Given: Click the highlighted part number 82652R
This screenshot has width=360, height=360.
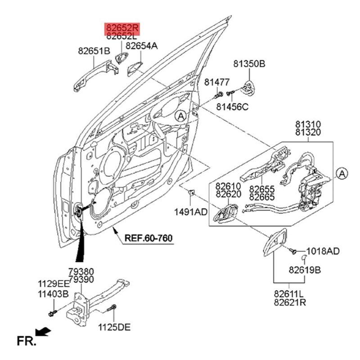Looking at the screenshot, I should pos(122,28).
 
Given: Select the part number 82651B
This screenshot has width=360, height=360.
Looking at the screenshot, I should pos(94,51).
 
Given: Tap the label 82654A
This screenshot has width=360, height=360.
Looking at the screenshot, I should pos(142,45).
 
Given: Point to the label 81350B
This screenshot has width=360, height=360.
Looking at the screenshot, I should pos(249,64).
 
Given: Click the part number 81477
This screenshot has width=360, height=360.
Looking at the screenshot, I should pos(217,82).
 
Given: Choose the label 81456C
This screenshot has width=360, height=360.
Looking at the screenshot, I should pos(232,107).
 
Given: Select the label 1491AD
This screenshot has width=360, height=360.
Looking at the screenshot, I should pos(191,211).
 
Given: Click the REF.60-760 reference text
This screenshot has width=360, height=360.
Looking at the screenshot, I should pos(148,238).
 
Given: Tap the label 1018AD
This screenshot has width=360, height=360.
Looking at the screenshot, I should pos(323,251).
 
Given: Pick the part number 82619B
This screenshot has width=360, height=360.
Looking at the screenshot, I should pos(305,270).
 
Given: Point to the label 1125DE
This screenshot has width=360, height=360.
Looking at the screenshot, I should pos(115,327).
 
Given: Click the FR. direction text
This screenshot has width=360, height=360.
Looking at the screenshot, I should pos(26,341).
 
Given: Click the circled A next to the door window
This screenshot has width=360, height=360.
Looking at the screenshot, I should pos(180,116).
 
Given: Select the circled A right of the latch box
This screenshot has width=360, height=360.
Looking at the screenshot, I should pos(342,173).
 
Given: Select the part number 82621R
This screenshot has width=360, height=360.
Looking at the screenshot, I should pos(290,302).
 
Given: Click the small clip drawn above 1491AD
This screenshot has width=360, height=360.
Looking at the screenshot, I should pos(191,193).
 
